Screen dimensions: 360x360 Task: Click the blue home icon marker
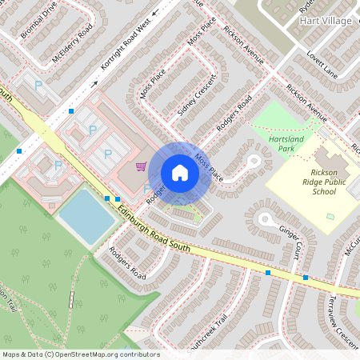(180, 173)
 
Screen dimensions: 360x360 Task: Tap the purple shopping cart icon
(141, 166)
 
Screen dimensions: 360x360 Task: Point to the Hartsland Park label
(286, 143)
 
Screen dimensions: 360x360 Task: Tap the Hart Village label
(325, 21)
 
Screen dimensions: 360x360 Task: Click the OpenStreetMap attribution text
(80, 354)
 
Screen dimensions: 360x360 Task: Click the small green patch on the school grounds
(330, 217)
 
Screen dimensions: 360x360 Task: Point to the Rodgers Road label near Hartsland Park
(234, 113)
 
